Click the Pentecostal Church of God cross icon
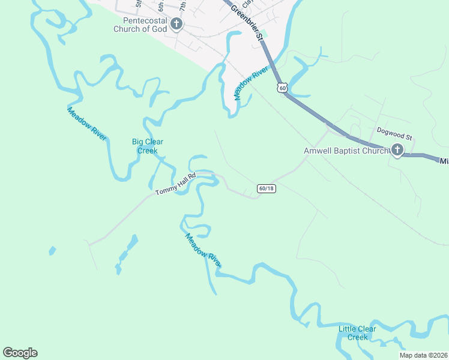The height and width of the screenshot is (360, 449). [x=176, y=25]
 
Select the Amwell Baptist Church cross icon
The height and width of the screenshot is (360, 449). [x=397, y=151]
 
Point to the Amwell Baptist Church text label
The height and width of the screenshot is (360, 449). [x=346, y=151]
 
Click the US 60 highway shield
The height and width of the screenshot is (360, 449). [x=283, y=88]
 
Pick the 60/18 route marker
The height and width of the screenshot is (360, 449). [x=267, y=188]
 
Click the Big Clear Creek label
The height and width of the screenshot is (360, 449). [x=148, y=146]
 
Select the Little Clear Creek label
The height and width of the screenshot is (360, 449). [x=357, y=333]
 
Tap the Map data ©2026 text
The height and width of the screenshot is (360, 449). [x=424, y=355]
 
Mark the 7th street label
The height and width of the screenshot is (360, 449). [x=182, y=6]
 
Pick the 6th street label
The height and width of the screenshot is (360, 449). [x=161, y=7]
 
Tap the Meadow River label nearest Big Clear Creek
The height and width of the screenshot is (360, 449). [x=87, y=124]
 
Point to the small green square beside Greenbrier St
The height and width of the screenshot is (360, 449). [x=262, y=32]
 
